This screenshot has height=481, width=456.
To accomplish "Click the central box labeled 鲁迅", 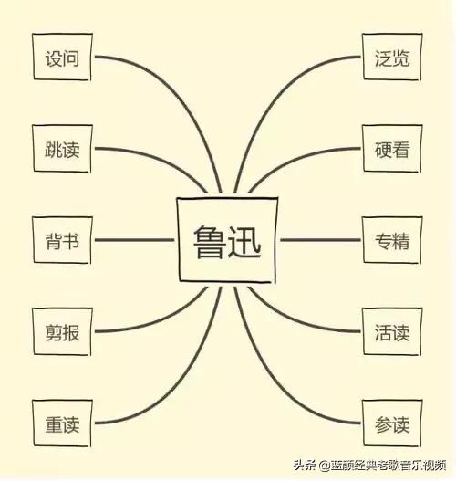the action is pos(227,240).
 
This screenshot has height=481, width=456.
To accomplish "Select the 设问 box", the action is pos(62,58).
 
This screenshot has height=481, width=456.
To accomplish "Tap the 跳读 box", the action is pos(62,149).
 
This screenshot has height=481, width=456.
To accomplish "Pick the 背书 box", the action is pos(62,240).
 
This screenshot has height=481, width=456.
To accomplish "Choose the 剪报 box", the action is pos(62,331).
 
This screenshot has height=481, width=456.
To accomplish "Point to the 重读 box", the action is pos(62,423).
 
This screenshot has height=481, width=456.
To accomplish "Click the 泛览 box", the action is pos(392,58).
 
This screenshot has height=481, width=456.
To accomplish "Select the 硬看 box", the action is pos(392,149).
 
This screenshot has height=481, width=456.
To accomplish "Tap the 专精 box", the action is pos(392,240).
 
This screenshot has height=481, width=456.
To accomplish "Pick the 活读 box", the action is pos(392,331).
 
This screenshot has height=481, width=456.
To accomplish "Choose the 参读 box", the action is pos(392,423).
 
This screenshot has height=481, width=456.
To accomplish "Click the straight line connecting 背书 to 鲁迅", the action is pos(134,240).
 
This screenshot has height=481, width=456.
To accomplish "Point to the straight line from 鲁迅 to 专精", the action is pos(320,240).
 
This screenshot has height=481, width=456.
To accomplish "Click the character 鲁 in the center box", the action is pos(209,241).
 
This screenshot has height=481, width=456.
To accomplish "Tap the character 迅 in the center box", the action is pos(244,241).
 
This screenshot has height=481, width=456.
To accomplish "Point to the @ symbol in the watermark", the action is pos(325,465).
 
